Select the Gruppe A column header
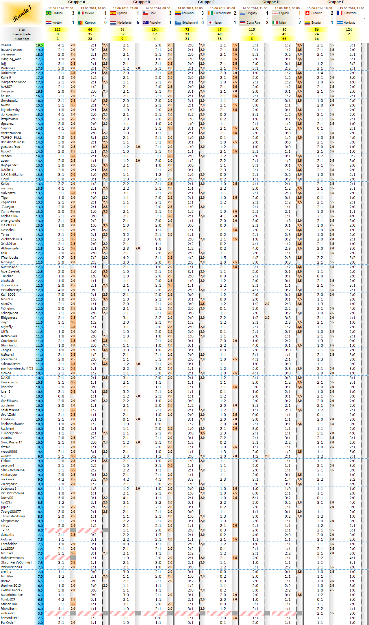pyautogui.click(x=77, y=2)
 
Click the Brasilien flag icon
pyautogui.click(x=48, y=13)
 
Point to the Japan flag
pyautogui.click(x=210, y=23)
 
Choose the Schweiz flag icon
pyautogui.click(x=307, y=13)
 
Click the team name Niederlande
pyautogui.click(x=124, y=23)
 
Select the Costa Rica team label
pyautogui.click(x=253, y=23)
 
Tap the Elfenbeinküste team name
pyautogui.click(x=222, y=13)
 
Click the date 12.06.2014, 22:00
pyautogui.click(x=60, y=8)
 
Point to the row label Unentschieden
pyautogui.click(x=22, y=34)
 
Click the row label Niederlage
pyautogui.click(x=22, y=39)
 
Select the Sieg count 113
pyautogui.click(x=58, y=29)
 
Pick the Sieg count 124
pyautogui.click(x=349, y=29)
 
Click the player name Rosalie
pyautogui.click(x=6, y=45)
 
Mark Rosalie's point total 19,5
pyautogui.click(x=39, y=45)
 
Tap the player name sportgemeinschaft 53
pyautogui.click(x=17, y=368)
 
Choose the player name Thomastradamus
pyautogui.click(x=13, y=516)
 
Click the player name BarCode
pyautogui.click(x=7, y=622)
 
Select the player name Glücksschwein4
pyautogui.click(x=13, y=470)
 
